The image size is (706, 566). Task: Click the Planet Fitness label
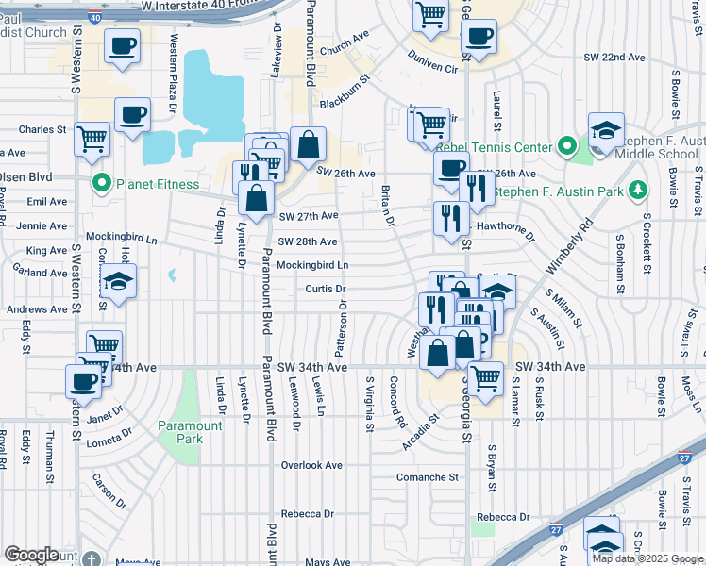[158, 184]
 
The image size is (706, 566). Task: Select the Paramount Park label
[190, 432]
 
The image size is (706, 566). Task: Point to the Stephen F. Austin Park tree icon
[638, 190]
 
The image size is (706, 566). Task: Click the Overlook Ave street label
[312, 465]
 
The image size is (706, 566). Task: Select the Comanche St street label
[428, 477]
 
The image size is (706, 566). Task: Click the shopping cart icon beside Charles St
[92, 139]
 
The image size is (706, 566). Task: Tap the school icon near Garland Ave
[119, 281]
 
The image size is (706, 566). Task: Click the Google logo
[31, 555]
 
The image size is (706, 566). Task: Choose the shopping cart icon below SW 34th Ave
[486, 377]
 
